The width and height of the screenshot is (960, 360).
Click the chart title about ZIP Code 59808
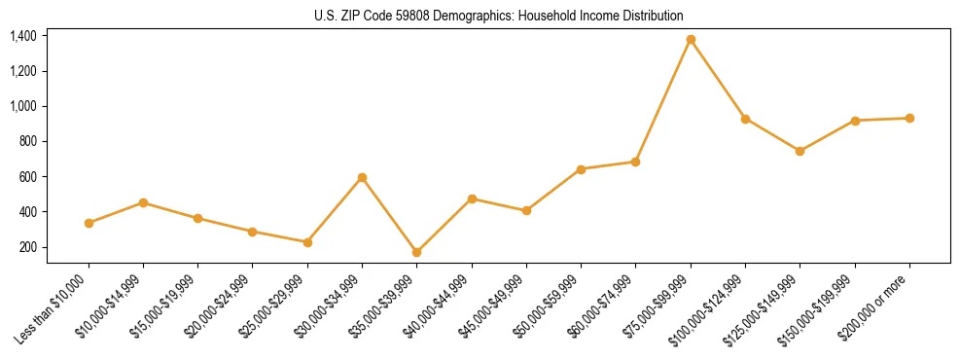pos(499,16)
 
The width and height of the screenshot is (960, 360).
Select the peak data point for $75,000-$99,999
pos(691,40)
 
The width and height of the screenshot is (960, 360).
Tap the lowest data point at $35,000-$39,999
pos(417,252)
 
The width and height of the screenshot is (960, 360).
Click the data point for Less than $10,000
pos(89,223)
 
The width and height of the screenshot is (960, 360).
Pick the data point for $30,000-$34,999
pos(362,178)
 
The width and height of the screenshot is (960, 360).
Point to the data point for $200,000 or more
pos(909,118)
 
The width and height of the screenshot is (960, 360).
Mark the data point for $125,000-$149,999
pos(800,151)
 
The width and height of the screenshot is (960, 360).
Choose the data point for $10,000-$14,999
pos(143,202)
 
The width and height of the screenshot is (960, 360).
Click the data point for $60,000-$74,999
pos(635,162)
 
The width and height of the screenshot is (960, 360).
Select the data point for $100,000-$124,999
pos(745,119)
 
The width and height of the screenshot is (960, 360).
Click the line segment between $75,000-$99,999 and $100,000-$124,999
pos(718,80)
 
